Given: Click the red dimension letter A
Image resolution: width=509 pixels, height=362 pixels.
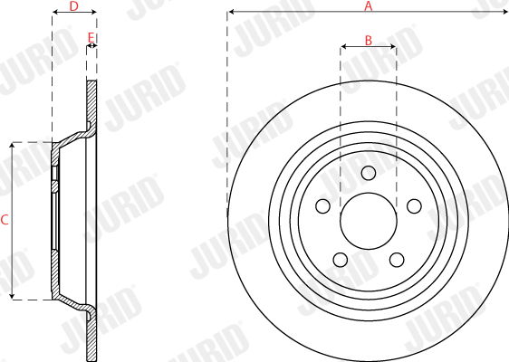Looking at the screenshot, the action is coord(368,5).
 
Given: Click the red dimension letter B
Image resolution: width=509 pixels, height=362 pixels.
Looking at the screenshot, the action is coord(368,41).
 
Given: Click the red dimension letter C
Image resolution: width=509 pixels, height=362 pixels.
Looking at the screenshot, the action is coord(5,220).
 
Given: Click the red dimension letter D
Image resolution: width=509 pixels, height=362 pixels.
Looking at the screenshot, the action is coord(74,5).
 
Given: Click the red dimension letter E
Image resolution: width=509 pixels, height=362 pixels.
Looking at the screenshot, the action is coord(91,38).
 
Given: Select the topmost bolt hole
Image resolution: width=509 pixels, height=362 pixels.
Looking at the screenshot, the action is coord(369,173).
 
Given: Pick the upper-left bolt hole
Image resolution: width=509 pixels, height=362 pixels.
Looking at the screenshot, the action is coord(322,206).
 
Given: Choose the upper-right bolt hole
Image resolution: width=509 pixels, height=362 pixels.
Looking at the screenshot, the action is coord(414,206).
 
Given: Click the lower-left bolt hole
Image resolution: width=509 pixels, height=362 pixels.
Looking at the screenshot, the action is coord(341,260).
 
